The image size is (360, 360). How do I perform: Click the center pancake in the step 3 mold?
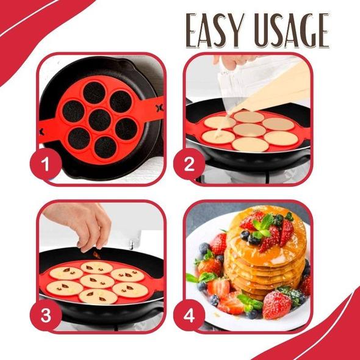[98, 280]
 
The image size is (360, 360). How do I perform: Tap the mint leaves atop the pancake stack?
[264, 223]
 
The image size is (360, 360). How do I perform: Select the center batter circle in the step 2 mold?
[249, 130]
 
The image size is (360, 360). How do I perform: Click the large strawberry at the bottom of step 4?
[275, 305]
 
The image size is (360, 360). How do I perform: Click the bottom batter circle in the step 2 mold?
[250, 145]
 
